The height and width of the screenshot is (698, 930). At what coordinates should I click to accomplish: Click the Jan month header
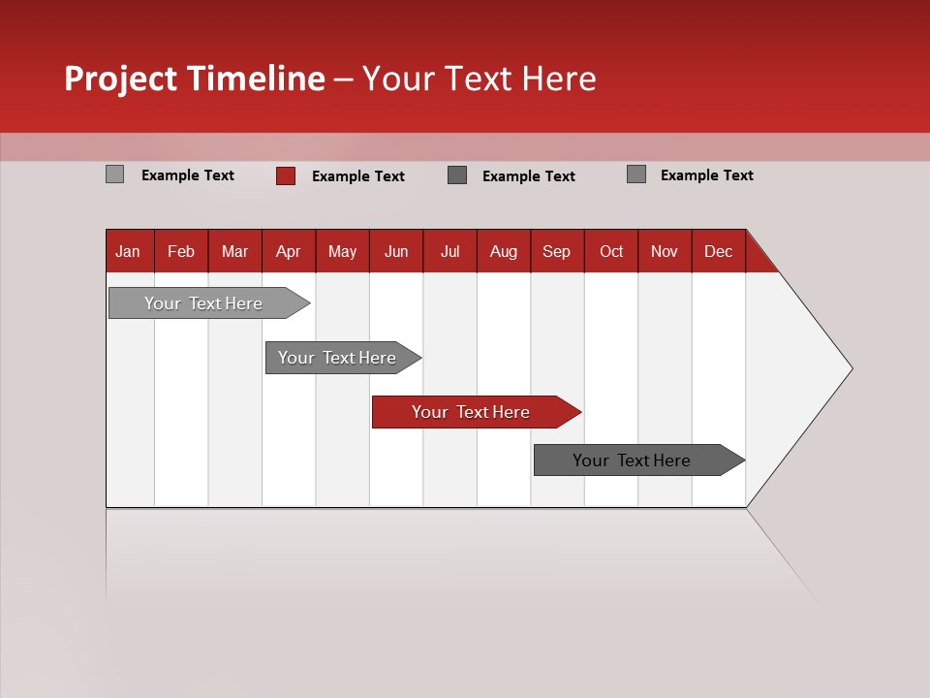pos(129,251)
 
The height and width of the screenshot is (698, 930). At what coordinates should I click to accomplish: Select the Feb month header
pos(181,251)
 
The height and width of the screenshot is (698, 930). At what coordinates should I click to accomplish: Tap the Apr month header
pos(289,251)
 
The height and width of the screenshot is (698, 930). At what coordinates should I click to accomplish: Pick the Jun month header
pos(396,251)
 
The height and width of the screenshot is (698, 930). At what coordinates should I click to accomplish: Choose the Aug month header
pos(504,251)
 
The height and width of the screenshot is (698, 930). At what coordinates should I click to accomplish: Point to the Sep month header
pos(557,251)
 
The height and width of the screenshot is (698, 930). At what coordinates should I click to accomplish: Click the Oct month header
pos(611,251)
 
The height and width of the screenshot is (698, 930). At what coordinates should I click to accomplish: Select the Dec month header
pos(719,251)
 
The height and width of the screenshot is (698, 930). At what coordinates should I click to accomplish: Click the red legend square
pos(286,175)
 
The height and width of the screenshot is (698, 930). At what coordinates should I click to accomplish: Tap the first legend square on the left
pos(115,174)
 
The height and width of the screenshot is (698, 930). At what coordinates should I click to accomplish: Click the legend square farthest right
pos(636,174)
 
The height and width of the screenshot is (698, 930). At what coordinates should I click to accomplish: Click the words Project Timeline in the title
pos(195,79)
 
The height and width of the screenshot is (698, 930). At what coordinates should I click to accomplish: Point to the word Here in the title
pos(559,79)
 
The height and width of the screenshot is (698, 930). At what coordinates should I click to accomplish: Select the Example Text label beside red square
pos(358,176)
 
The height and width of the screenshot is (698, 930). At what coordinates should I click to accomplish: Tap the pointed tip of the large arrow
pos(850,368)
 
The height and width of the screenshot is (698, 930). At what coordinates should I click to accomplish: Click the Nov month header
pos(665,251)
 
